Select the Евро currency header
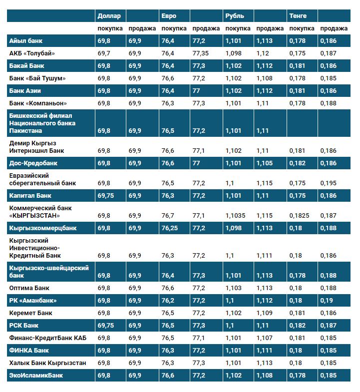click(x=169, y=16)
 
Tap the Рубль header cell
click(x=235, y=16)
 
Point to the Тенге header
click(x=298, y=16)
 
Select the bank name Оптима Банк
click(x=29, y=288)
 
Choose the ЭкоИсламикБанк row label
click(x=36, y=375)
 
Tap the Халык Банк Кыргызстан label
click(x=47, y=363)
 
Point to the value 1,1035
click(x=236, y=216)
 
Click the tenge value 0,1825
click(x=299, y=216)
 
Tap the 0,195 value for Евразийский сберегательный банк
click(x=328, y=183)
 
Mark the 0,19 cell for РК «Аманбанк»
click(x=326, y=301)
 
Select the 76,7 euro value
click(x=168, y=216)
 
